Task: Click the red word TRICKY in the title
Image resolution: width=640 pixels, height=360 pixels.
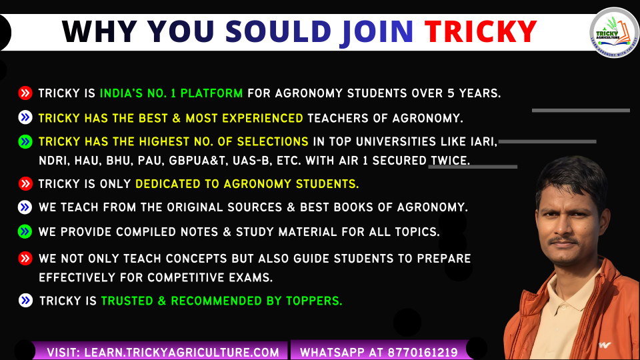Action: click(481, 31)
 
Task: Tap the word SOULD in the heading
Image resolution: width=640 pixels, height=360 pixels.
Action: click(278, 31)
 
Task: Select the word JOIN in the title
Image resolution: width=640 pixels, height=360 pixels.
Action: click(377, 33)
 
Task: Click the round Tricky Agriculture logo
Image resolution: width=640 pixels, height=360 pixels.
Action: click(613, 33)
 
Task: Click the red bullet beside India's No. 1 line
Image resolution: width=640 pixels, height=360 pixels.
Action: click(25, 93)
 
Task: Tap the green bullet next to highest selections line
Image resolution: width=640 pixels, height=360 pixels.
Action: click(25, 141)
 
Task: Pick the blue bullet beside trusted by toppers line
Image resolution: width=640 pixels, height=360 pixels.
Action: click(25, 301)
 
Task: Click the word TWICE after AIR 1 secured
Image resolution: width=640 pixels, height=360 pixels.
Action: click(450, 161)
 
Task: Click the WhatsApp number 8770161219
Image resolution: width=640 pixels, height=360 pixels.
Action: click(423, 353)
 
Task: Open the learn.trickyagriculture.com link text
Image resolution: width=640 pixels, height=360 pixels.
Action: click(181, 353)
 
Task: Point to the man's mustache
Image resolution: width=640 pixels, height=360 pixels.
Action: click(563, 240)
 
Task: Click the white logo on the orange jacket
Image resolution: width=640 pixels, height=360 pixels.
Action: click(605, 345)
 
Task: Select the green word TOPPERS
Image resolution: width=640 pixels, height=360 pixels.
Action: click(314, 301)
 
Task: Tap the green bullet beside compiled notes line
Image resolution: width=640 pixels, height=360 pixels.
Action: click(25, 232)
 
